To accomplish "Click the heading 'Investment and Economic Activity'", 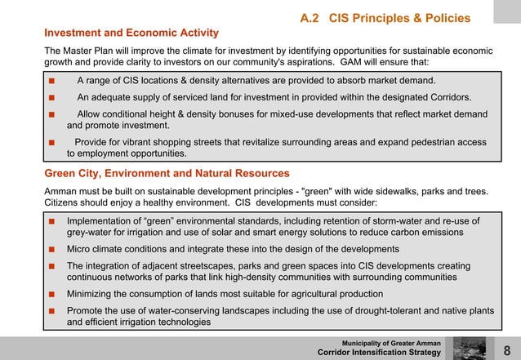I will pos(131,33).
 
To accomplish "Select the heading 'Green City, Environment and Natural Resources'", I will pos(166,173).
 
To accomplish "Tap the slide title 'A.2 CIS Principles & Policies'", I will pos(385,18).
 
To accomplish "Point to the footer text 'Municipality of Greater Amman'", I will pos(392,342).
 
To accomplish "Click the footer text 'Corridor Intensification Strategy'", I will pos(379,353).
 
